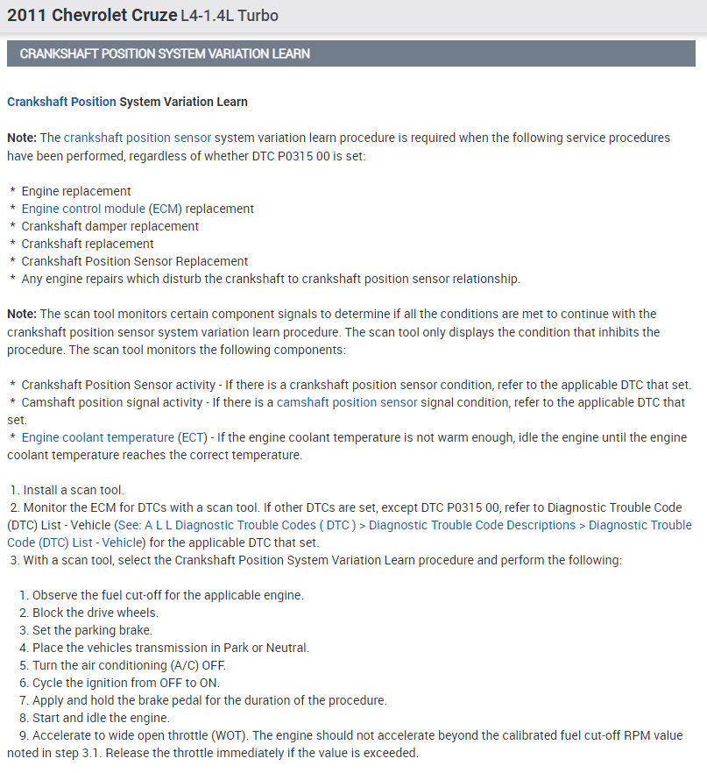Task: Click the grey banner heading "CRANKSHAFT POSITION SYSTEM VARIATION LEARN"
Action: (165, 53)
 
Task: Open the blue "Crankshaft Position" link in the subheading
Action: (61, 102)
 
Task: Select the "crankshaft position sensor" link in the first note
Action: (137, 138)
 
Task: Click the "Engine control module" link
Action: (83, 209)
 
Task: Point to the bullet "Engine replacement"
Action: (76, 191)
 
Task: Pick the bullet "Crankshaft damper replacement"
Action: (110, 226)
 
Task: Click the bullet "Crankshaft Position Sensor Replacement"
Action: (134, 261)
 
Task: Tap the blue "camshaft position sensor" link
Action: (347, 402)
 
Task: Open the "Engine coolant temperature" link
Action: (98, 437)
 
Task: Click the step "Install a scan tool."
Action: (74, 490)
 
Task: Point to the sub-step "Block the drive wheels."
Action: (95, 613)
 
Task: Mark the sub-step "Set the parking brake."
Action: (92, 630)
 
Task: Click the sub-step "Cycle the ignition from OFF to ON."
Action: (125, 683)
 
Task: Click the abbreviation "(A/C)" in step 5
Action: (181, 665)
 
